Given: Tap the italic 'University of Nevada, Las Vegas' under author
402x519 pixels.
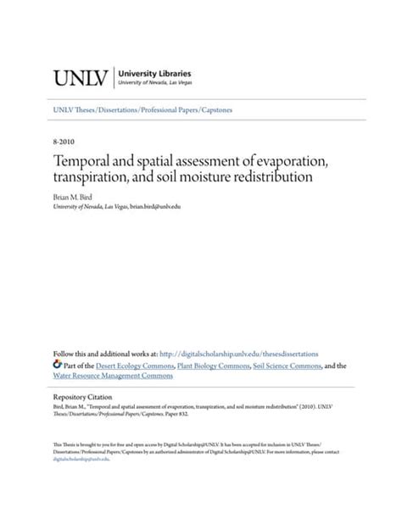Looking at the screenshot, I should tap(89, 206).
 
